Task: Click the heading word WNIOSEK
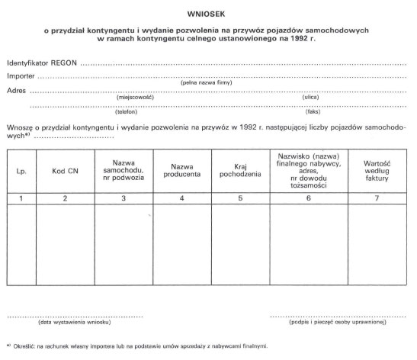point(209,12)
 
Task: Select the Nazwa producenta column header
point(181,169)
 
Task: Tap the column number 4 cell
point(181,198)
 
